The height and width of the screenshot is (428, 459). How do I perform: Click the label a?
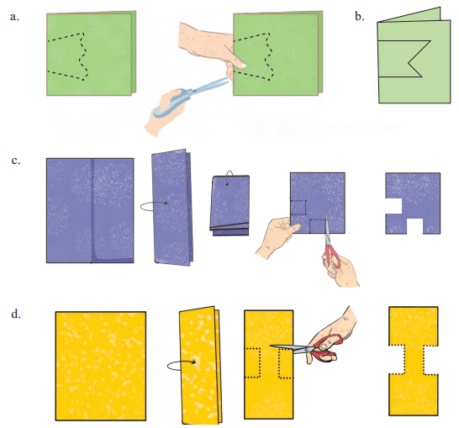tap(14, 17)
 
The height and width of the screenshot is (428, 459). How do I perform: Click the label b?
tap(360, 16)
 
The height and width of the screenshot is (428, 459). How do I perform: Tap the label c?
tap(16, 161)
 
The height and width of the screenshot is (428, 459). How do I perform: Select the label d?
tap(16, 314)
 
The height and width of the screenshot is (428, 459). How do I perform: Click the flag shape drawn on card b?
tap(404, 59)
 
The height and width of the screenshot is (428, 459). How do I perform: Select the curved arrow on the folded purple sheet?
tap(154, 206)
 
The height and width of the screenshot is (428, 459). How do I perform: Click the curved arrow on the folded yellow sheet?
tap(181, 366)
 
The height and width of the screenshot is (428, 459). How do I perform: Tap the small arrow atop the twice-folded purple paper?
tap(229, 177)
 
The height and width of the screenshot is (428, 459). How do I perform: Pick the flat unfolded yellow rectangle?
tap(101, 367)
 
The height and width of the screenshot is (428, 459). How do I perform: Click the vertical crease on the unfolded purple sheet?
tap(92, 211)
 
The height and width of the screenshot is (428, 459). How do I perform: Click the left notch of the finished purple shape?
tap(393, 206)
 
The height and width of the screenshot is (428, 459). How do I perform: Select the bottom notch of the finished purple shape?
tap(414, 226)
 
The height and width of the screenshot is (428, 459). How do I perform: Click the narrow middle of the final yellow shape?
tap(414, 360)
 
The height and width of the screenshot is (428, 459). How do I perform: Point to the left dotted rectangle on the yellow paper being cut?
tap(253, 363)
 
